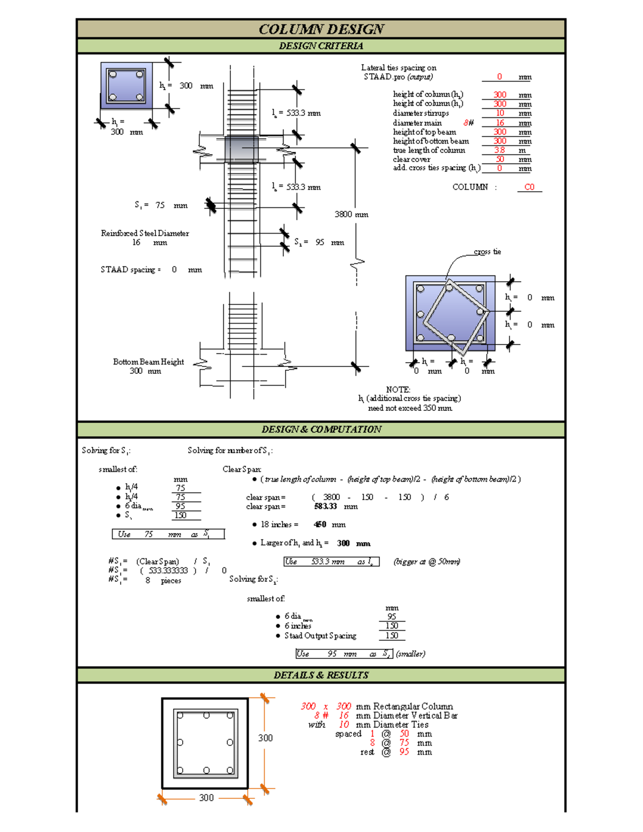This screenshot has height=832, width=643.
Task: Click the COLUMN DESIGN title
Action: point(321,29)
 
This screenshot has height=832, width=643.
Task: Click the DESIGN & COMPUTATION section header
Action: point(321,429)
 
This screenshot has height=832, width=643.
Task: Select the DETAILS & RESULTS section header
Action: point(321,675)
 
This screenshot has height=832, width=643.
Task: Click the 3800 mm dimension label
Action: point(351,214)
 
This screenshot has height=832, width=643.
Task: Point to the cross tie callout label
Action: point(487,252)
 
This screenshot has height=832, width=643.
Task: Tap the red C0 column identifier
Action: point(529,187)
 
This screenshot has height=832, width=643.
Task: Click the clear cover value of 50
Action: point(499,159)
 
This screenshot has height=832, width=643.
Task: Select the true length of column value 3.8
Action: point(499,150)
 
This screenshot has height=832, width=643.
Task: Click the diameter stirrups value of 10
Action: point(499,113)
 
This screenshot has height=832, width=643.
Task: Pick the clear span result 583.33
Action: point(325,506)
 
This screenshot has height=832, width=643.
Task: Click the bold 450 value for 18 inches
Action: point(320,524)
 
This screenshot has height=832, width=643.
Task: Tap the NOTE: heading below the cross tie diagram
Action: point(398,389)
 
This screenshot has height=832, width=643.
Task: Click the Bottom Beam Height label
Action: point(148,362)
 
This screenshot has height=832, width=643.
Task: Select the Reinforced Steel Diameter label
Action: point(145,233)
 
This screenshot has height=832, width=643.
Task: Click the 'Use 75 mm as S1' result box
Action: point(168,534)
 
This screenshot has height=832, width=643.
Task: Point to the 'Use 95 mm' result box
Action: point(344,654)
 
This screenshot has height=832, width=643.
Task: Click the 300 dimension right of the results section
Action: point(265,738)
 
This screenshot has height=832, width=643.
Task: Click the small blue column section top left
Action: point(126,86)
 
